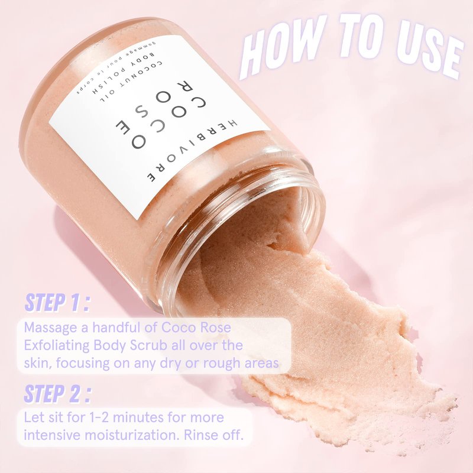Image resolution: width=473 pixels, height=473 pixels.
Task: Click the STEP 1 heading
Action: click(57, 302)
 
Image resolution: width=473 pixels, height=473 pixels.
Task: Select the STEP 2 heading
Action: click(57, 393)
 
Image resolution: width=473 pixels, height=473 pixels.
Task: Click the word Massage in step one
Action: click(50, 328)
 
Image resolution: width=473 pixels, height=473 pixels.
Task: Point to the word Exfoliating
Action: click(57, 346)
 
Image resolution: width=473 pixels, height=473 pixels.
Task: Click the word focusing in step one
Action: click(82, 364)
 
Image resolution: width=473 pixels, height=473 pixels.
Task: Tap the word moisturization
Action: click(132, 435)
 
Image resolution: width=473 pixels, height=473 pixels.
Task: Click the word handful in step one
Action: click(116, 328)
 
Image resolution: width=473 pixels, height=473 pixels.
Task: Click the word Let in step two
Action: click(33, 418)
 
